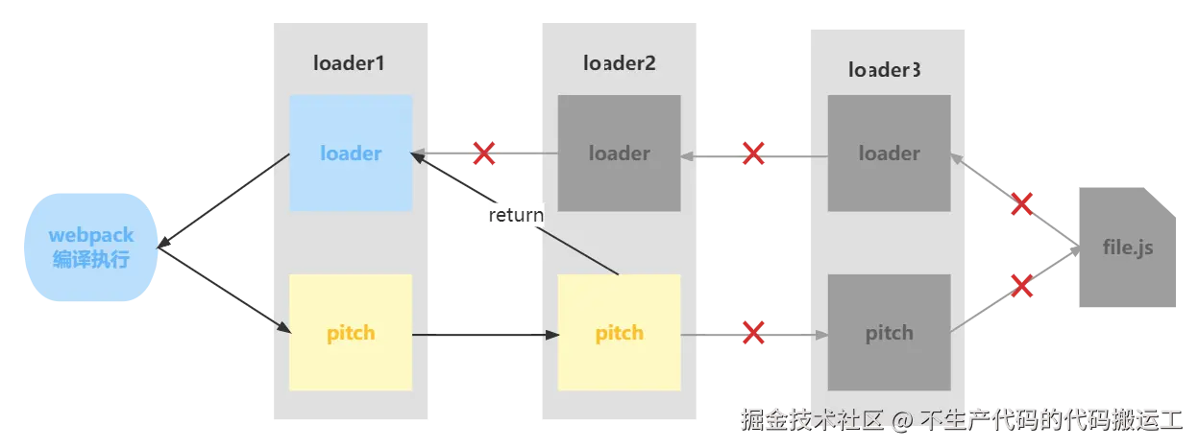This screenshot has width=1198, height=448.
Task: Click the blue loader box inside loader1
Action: click(x=351, y=153)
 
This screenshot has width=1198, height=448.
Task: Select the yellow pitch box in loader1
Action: click(x=351, y=333)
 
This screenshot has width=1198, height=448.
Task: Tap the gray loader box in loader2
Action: click(x=620, y=153)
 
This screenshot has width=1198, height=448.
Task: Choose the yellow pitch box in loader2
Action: click(x=620, y=333)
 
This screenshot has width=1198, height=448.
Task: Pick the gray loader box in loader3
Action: click(x=889, y=153)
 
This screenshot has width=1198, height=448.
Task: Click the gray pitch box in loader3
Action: click(x=889, y=333)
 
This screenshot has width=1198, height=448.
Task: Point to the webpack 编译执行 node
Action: click(x=91, y=247)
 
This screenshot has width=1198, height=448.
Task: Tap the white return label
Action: click(x=516, y=215)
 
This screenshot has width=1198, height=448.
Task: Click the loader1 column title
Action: click(x=349, y=63)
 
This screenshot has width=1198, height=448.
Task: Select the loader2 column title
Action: click(x=620, y=63)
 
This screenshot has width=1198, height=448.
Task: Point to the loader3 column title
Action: click(x=885, y=69)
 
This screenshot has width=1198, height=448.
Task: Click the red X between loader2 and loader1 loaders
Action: click(x=484, y=153)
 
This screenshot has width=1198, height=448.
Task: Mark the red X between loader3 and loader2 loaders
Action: click(x=754, y=153)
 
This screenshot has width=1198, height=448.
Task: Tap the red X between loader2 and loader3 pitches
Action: click(x=754, y=333)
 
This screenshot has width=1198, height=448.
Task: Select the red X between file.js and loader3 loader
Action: click(x=1023, y=203)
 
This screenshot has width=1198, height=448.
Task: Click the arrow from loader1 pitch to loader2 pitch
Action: click(x=485, y=334)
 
